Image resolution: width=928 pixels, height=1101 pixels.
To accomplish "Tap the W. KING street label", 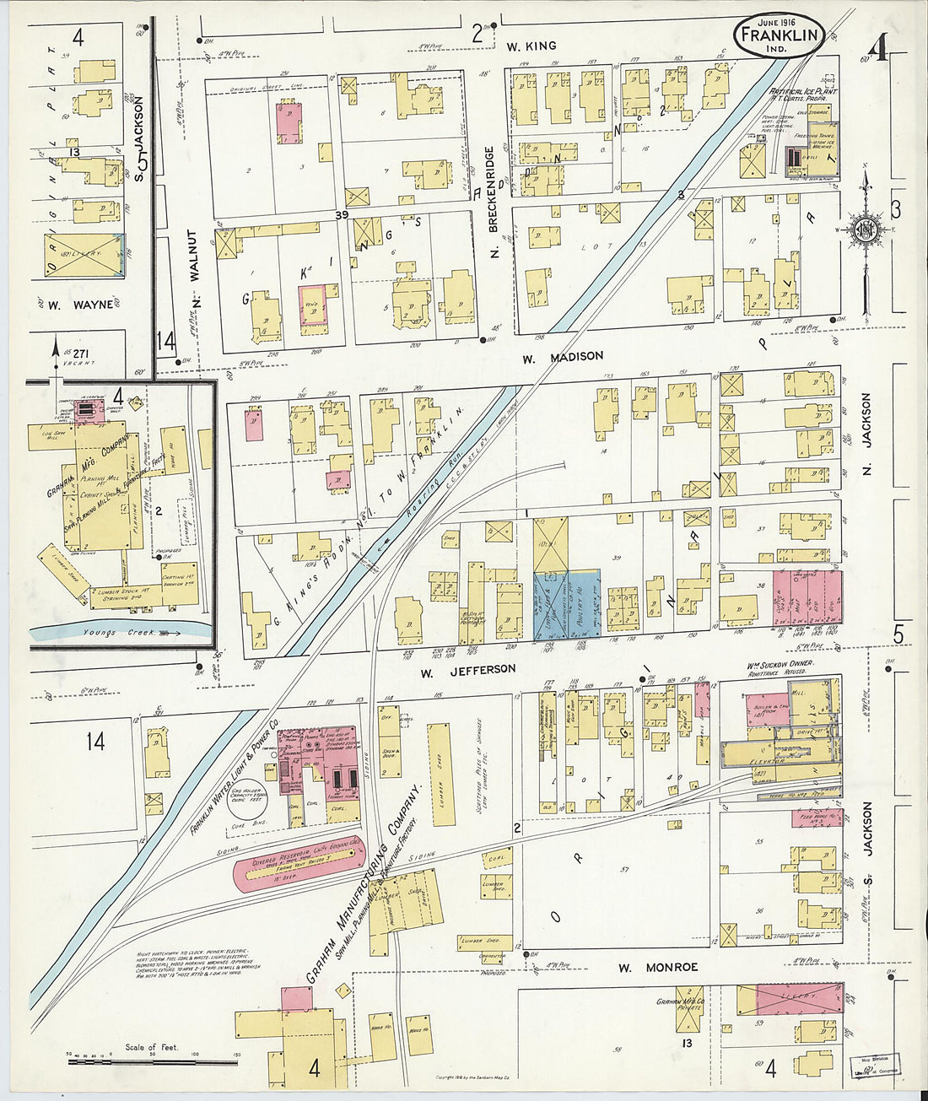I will pyautogui.click(x=531, y=46).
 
